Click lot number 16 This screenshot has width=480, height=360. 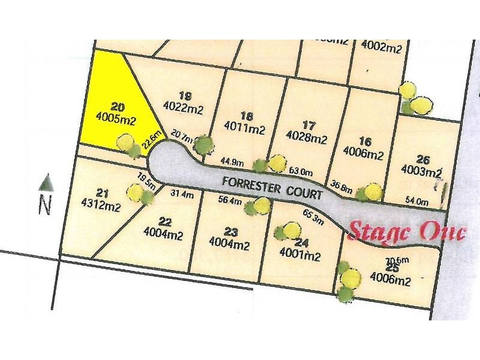[365, 142]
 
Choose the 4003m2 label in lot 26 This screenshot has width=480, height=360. [422, 172]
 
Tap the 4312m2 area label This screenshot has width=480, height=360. [101, 207]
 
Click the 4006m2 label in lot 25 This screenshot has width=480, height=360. [390, 280]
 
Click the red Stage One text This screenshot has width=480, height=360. [407, 231]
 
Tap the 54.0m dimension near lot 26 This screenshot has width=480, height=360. [418, 201]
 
